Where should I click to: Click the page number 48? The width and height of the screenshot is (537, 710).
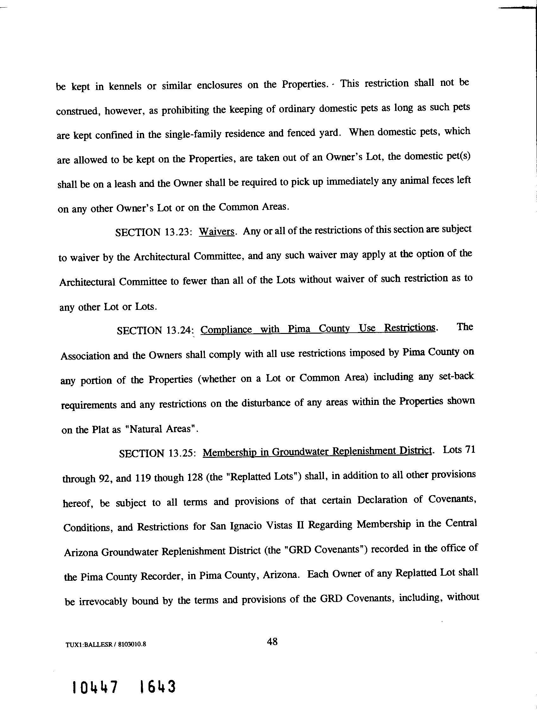(272, 642)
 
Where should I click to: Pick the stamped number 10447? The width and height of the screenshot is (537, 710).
(95, 688)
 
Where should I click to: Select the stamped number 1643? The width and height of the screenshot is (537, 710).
(158, 687)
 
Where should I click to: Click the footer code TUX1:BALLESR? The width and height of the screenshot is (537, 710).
(89, 644)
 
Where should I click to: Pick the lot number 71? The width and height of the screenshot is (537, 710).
(469, 449)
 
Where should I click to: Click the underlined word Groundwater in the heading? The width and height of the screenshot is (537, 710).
(300, 452)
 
